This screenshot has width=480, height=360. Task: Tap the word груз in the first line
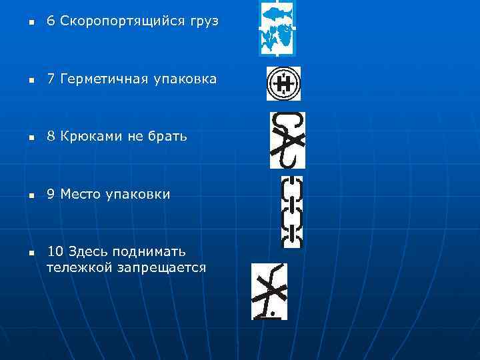click(201, 22)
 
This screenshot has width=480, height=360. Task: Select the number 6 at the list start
click(50, 21)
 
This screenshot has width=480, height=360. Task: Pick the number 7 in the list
click(50, 79)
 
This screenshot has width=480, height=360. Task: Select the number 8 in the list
click(50, 137)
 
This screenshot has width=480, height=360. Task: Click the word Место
click(81, 195)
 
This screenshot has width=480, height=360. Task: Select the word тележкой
click(75, 268)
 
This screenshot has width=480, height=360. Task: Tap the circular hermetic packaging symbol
click(283, 83)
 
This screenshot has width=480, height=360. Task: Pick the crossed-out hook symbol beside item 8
click(287, 140)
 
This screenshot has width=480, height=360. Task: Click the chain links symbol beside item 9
click(292, 211)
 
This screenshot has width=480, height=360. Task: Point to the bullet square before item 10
click(31, 253)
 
